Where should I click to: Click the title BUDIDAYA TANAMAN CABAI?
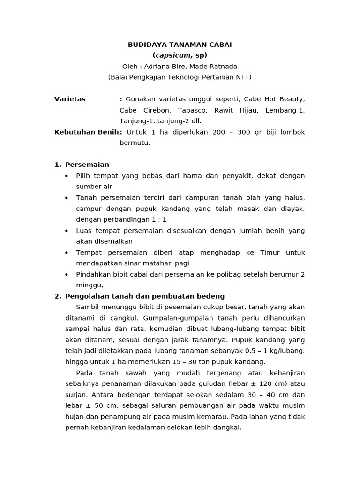pyautogui.click(x=180, y=45)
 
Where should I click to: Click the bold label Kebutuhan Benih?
pyautogui.click(x=87, y=132)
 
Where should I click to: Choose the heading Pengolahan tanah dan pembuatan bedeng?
pyautogui.click(x=145, y=296)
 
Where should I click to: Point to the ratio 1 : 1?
pyautogui.click(x=157, y=219)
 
